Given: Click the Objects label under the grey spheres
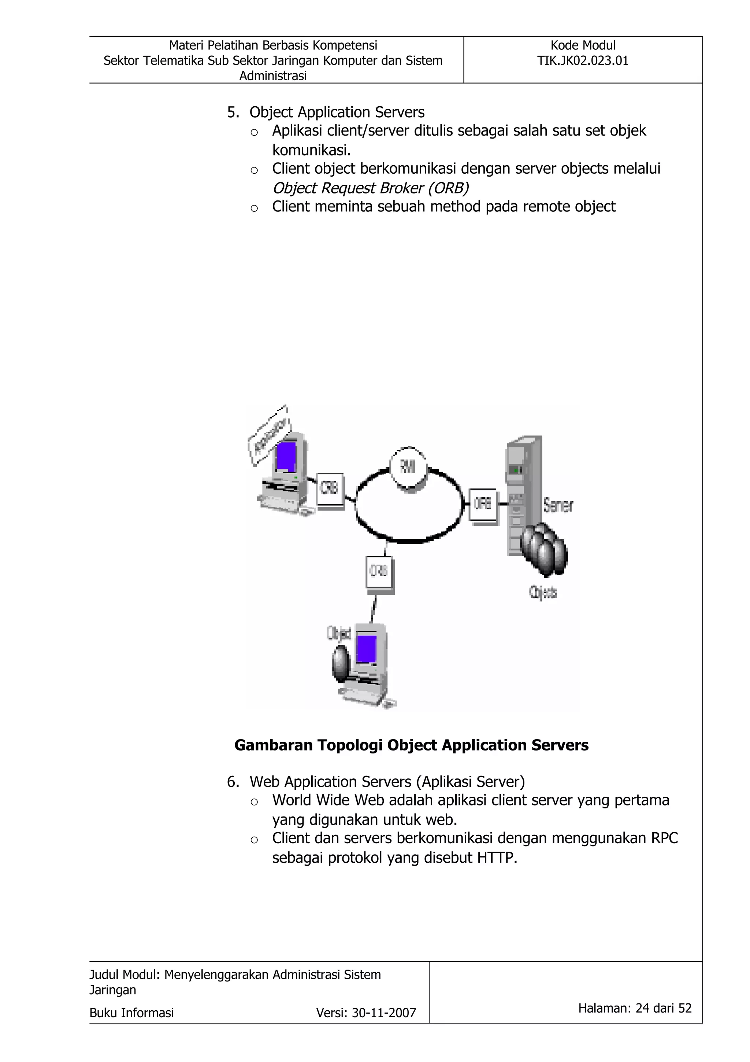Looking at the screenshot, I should coord(543,593).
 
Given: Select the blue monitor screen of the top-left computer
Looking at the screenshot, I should coord(286,456).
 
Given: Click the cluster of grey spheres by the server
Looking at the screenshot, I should coord(544,549).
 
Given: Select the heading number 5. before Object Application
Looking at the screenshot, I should coord(233,113).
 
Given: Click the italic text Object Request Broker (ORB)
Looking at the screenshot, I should coord(370,188).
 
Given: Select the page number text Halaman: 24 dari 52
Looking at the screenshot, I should coord(635,1008).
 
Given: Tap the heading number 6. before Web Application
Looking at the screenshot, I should coord(233,782).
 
